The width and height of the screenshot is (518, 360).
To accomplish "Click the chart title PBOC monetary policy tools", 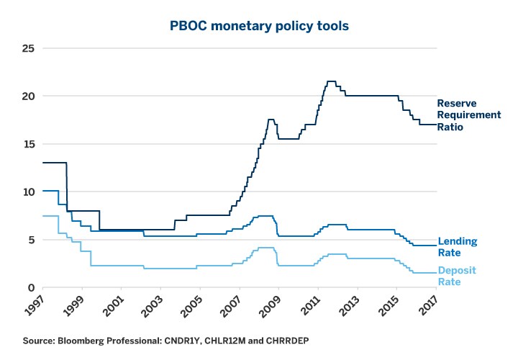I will (258, 27).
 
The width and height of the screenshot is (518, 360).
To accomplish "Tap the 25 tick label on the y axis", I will (29, 49).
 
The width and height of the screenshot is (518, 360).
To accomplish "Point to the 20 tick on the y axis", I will (29, 96).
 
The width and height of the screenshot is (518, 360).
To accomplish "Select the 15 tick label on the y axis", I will (29, 144).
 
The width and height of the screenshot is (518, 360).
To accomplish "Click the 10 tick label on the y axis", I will (29, 192).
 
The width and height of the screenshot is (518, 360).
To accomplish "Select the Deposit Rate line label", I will (457, 276).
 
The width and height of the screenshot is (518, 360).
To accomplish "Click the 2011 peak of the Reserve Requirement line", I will (332, 81).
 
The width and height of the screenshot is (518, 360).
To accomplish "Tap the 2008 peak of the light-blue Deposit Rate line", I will (266, 248).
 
